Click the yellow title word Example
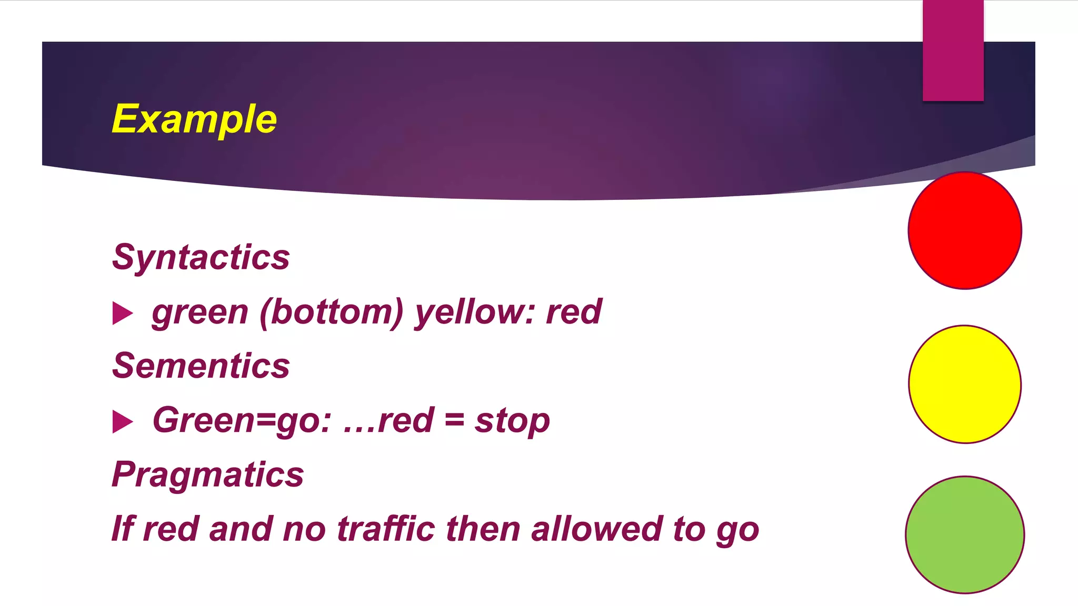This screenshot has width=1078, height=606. click(194, 120)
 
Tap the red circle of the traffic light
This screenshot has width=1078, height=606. click(965, 230)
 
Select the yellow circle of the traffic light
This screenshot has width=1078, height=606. click(965, 384)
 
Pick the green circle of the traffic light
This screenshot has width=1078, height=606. click(965, 534)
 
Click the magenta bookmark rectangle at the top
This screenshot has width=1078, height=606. click(953, 50)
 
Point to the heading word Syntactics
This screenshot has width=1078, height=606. click(201, 257)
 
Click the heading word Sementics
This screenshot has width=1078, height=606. click(201, 366)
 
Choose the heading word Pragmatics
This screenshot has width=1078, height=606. click(208, 474)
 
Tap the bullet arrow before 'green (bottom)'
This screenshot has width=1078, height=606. click(123, 314)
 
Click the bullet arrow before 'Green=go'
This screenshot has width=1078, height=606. click(123, 422)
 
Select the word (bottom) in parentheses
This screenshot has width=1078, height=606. click(331, 312)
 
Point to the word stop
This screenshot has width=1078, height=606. click(512, 421)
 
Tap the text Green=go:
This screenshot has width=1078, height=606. click(242, 421)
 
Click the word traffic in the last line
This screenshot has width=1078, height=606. click(385, 529)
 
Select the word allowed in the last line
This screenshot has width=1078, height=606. click(596, 529)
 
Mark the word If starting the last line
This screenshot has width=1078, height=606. click(122, 529)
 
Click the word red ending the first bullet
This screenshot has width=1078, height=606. click(574, 312)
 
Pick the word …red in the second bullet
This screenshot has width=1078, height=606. click(388, 421)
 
